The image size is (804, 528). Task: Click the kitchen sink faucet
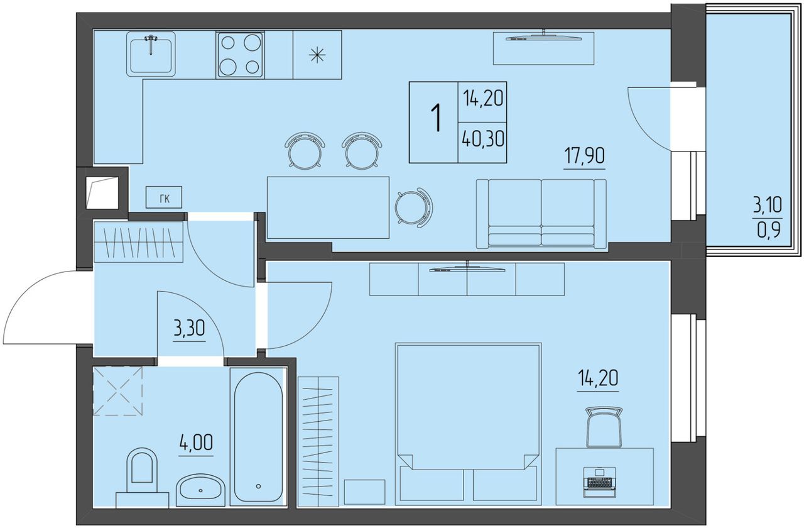(x=151, y=44)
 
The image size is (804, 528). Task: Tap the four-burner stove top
(x=240, y=55)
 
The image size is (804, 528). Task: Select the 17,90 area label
(x=584, y=156)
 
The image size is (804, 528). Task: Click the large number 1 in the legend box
(x=437, y=118)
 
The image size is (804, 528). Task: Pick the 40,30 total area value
(x=483, y=138)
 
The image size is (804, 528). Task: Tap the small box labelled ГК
(x=164, y=197)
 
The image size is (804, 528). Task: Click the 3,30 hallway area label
(x=189, y=328)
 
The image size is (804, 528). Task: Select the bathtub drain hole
(x=258, y=487)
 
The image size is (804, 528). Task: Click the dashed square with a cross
(x=117, y=391)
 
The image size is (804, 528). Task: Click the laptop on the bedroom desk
(x=600, y=482)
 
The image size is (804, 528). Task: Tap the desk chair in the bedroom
(x=604, y=427)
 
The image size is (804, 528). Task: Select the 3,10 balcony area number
(x=768, y=206)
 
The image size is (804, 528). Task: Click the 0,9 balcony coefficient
(x=769, y=230)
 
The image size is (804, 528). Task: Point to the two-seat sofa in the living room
(x=541, y=214)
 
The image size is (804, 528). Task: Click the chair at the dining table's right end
(x=414, y=207)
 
